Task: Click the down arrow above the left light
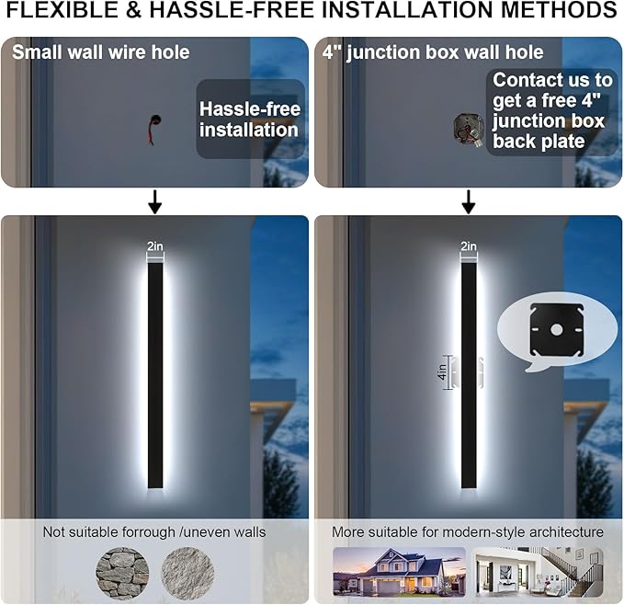click(154, 201)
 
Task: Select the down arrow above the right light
click(469, 201)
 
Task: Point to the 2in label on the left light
click(155, 246)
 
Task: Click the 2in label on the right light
click(469, 246)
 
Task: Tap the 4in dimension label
click(441, 372)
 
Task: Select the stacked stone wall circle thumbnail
click(123, 572)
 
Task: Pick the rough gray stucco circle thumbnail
click(187, 572)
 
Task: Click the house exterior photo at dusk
click(399, 572)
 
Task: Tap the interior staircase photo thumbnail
click(538, 572)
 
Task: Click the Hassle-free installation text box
click(249, 120)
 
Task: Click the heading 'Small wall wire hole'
click(101, 51)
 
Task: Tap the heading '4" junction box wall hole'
click(432, 51)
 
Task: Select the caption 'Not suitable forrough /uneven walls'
click(154, 532)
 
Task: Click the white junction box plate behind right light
click(480, 372)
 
